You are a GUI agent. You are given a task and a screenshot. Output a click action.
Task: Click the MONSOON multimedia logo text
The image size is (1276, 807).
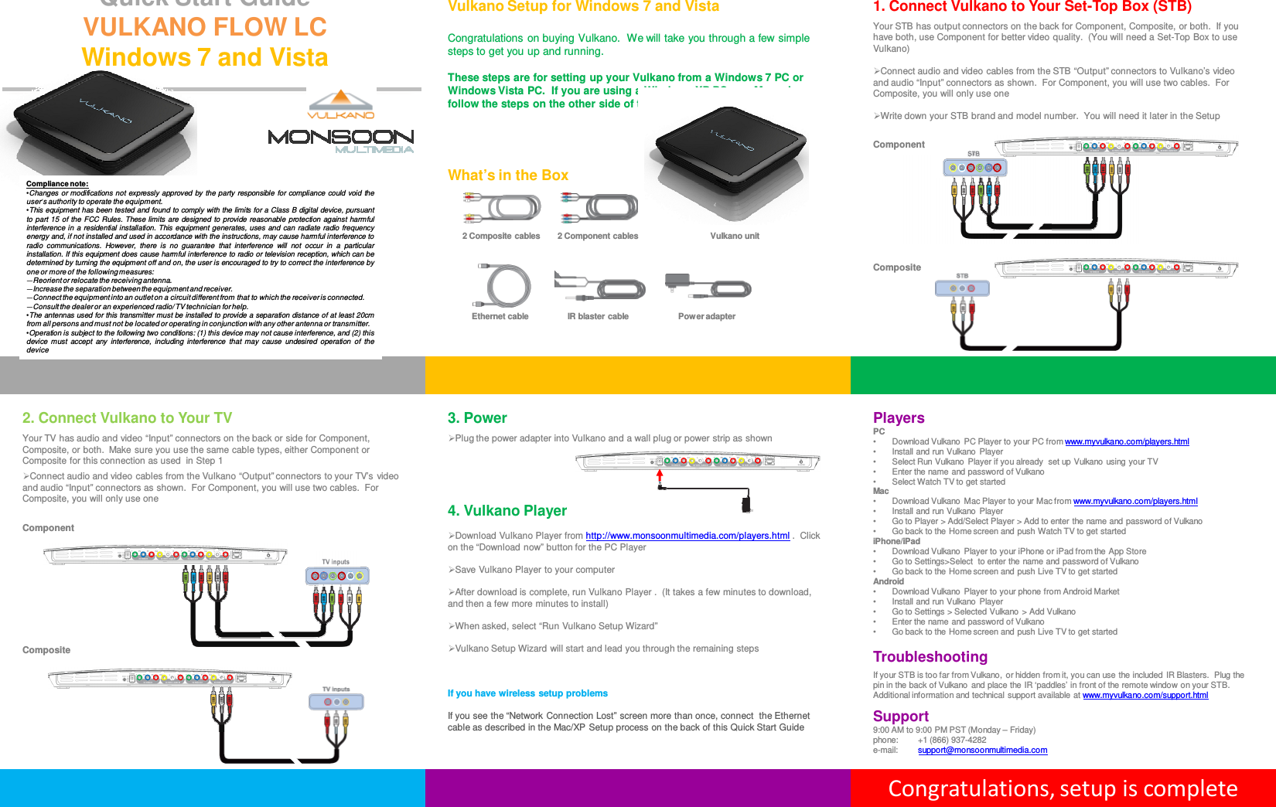[340, 138]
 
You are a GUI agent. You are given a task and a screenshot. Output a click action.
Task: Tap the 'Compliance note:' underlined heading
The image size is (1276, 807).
[57, 184]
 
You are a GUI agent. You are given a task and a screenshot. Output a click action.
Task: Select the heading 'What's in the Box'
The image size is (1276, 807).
[507, 175]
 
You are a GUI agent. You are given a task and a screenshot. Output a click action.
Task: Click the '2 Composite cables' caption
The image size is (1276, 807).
[500, 237]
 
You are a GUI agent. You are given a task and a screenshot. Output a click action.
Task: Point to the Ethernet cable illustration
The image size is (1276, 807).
[503, 285]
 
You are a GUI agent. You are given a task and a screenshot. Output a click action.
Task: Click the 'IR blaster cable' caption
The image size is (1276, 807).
[597, 317]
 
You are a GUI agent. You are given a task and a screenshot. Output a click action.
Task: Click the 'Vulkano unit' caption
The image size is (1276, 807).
[734, 237]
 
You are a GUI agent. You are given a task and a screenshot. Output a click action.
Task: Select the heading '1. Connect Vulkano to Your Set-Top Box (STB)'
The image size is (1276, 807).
[1032, 7]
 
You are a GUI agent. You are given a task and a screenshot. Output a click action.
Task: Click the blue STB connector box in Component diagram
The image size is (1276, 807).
[974, 168]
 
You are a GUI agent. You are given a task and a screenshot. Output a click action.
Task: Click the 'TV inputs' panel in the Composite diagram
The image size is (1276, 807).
[336, 702]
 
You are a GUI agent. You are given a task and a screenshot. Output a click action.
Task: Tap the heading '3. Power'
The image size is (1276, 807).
[476, 418]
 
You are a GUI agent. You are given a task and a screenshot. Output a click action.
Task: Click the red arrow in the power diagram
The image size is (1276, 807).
[660, 475]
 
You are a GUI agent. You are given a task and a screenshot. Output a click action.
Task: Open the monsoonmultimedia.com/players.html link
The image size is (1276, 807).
[687, 536]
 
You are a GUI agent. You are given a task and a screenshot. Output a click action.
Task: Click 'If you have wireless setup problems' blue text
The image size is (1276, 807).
[527, 693]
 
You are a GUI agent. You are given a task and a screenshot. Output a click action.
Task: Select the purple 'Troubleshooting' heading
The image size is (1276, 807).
[930, 657]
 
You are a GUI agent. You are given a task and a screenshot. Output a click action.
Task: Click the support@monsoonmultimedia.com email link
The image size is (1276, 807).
[981, 751]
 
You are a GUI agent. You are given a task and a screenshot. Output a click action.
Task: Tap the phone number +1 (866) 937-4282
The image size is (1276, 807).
[951, 741]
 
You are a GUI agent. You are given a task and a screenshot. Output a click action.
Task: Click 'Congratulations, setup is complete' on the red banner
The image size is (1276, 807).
[1062, 788]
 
